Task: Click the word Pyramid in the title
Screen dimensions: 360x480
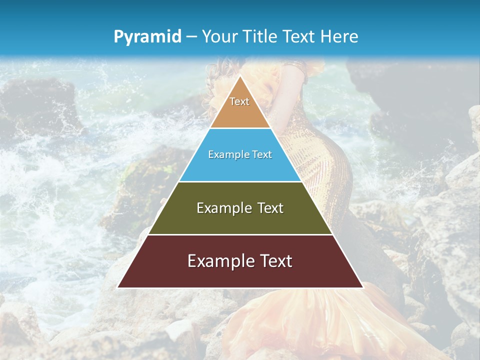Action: pyautogui.click(x=147, y=37)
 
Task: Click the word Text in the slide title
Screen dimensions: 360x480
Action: pyautogui.click(x=299, y=36)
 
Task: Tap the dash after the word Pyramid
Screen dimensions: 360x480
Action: pyautogui.click(x=191, y=37)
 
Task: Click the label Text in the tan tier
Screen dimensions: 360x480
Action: pyautogui.click(x=239, y=101)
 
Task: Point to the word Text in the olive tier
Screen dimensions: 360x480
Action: pyautogui.click(x=270, y=208)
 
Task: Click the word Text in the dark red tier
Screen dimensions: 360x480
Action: pyautogui.click(x=275, y=261)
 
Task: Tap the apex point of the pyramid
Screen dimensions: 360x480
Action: pyautogui.click(x=240, y=76)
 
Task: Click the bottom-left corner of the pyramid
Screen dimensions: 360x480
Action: pyautogui.click(x=118, y=287)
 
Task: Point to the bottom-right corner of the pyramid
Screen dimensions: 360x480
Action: pyautogui.click(x=362, y=287)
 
